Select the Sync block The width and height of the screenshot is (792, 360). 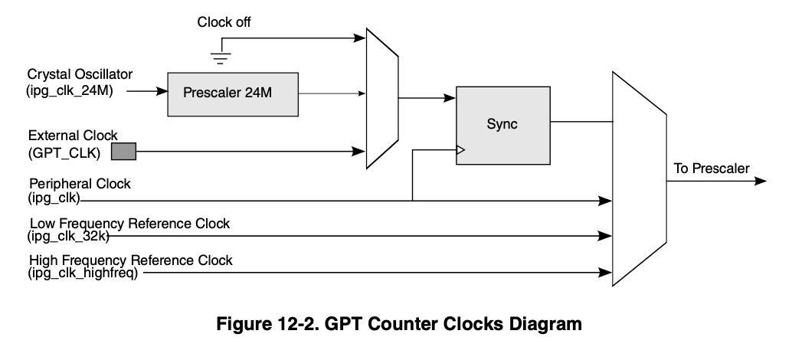(x=502, y=124)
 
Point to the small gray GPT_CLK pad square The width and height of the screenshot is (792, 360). (x=123, y=151)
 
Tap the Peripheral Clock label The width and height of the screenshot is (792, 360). (x=80, y=185)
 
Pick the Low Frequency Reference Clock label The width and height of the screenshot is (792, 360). (x=129, y=224)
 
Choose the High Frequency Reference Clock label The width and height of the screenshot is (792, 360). (x=131, y=260)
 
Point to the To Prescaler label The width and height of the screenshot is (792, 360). (x=712, y=169)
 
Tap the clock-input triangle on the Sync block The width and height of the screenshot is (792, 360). (x=460, y=151)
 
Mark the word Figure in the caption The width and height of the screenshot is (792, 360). (x=241, y=324)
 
